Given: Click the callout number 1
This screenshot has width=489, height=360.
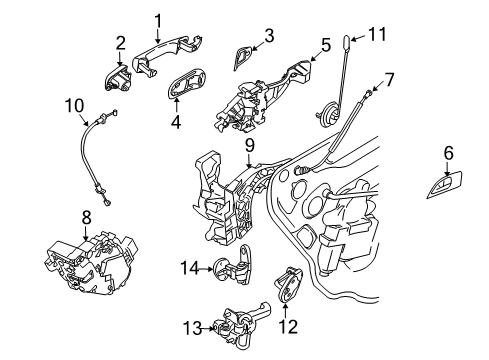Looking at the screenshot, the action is click(x=159, y=21).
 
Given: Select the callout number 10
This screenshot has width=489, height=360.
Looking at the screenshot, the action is click(x=74, y=105).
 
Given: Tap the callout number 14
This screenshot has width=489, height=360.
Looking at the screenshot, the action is click(x=190, y=267).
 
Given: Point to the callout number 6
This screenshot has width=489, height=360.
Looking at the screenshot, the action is click(x=449, y=153).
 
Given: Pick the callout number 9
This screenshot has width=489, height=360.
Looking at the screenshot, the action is click(x=250, y=145).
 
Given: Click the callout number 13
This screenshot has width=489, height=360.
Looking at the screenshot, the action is click(x=193, y=328).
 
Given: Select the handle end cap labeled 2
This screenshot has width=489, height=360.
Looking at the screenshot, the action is click(x=118, y=78).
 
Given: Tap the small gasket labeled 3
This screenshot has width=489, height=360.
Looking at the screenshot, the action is click(x=243, y=57).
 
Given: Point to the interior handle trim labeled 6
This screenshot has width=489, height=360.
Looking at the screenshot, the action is click(x=445, y=185).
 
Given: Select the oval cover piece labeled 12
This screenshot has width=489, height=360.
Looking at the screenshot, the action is click(x=288, y=284).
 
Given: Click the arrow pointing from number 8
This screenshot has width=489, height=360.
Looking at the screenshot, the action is click(x=86, y=233).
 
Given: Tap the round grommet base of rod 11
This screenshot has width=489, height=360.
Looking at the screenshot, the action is click(x=328, y=115).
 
